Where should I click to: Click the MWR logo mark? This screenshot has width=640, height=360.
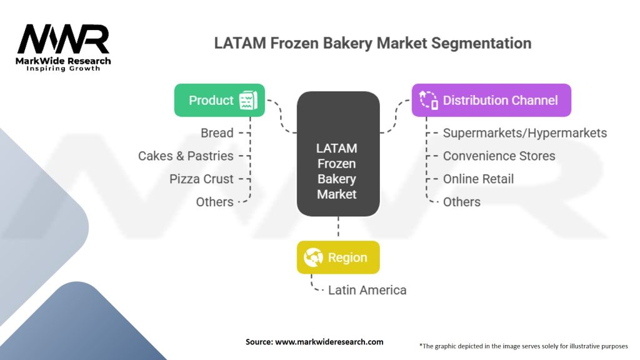[63, 39]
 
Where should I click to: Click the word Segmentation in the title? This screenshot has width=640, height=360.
[481, 43]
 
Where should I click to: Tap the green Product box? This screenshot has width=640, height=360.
[219, 101]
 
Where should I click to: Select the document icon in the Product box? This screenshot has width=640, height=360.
[248, 101]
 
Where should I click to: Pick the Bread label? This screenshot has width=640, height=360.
[217, 133]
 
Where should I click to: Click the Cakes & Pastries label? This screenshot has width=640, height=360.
[186, 156]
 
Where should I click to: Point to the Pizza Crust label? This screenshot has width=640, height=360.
[202, 179]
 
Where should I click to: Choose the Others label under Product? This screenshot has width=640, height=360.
[215, 202]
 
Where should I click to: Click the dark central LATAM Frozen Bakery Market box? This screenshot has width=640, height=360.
[338, 154]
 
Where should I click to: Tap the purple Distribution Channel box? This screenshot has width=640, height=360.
[491, 101]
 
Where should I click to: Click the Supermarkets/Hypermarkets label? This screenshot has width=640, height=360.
[525, 133]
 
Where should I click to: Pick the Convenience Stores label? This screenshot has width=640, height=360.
[499, 156]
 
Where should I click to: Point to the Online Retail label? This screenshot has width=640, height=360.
[478, 179]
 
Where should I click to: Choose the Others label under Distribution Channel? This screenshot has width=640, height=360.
[462, 202]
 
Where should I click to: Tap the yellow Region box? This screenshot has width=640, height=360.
[338, 257]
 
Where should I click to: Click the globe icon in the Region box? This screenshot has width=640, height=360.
[314, 257]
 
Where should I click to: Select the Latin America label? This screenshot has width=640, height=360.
[367, 290]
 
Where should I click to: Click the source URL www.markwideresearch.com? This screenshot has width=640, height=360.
[329, 342]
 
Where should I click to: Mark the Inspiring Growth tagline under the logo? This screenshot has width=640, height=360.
[63, 69]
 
